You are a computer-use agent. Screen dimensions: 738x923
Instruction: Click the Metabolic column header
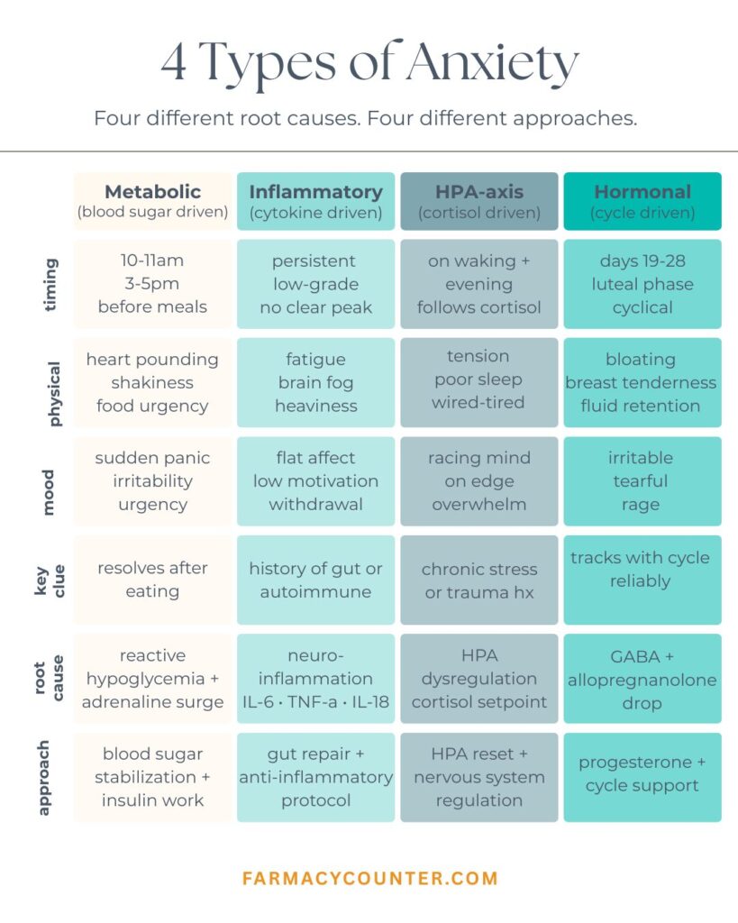click(x=152, y=201)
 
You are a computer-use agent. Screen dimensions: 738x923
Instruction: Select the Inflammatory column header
click(x=316, y=201)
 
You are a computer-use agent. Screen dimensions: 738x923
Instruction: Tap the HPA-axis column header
click(x=479, y=201)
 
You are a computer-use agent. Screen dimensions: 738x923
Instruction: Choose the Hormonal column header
click(x=642, y=201)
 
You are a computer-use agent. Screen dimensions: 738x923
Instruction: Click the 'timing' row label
click(x=50, y=284)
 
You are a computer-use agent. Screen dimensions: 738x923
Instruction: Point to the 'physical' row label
click(x=53, y=394)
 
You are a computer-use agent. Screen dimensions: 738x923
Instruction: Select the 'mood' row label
click(x=48, y=492)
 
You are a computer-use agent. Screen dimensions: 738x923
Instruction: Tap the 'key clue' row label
click(x=50, y=581)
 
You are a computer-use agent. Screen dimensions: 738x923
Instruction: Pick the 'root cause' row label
click(x=49, y=678)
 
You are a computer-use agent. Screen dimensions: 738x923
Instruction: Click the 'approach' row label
click(x=42, y=778)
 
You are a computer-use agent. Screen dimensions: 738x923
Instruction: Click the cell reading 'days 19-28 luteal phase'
click(x=642, y=284)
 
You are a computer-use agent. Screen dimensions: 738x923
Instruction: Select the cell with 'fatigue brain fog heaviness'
click(x=316, y=382)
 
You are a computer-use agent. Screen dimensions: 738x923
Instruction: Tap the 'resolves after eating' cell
click(x=152, y=580)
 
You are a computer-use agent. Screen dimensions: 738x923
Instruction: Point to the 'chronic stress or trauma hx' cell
click(x=479, y=580)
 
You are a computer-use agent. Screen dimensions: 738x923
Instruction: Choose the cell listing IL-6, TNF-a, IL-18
click(x=316, y=679)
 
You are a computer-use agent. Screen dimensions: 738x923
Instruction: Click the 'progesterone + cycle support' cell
click(x=642, y=777)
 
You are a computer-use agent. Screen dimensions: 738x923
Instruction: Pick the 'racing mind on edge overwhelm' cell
click(x=479, y=481)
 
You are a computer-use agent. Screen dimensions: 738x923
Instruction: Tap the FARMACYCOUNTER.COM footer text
click(x=370, y=878)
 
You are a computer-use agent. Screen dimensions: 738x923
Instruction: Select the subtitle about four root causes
click(x=366, y=118)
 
